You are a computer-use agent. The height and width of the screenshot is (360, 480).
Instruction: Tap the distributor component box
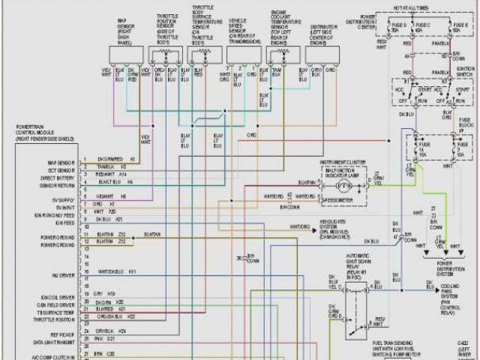(322, 53)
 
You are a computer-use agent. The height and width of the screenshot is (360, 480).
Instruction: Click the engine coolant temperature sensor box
(283, 53)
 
